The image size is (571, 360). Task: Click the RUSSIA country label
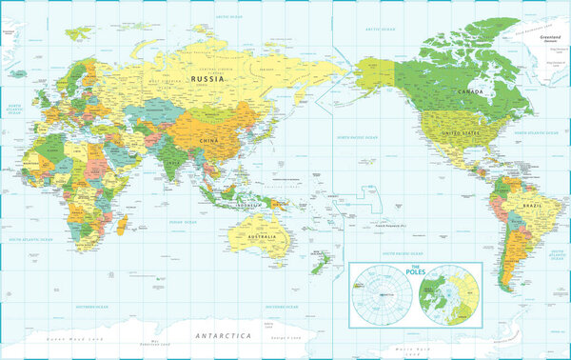pos(207,80)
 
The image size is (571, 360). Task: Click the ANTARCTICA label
pos(221,336)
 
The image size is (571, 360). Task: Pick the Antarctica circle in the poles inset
pos(382,295)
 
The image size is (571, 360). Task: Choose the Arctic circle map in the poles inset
pos(449,295)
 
